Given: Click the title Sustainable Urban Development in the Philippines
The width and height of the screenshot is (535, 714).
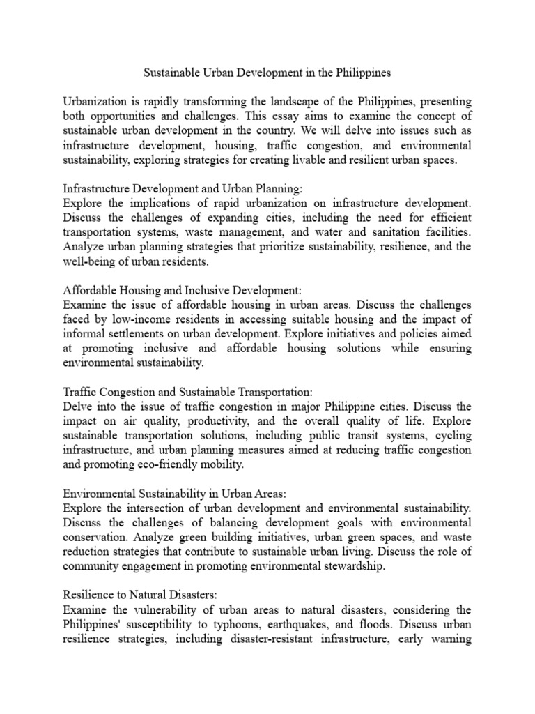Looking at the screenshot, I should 267,73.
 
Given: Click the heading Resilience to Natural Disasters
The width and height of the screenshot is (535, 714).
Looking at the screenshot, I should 141,596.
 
